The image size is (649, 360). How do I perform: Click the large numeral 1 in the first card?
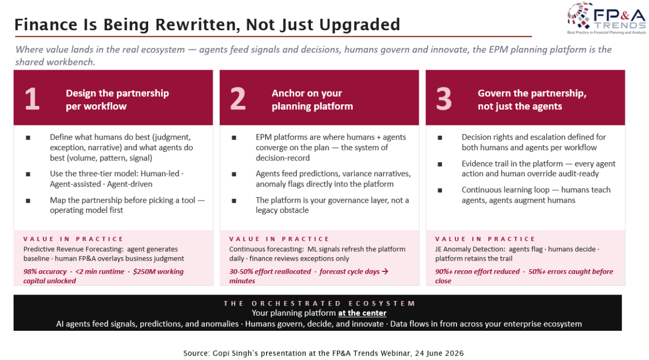coord(32,99)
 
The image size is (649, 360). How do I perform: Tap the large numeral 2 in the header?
coord(237,99)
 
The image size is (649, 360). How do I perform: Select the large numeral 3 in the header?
coord(443,99)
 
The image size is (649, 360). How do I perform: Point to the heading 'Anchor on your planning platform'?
coord(312,99)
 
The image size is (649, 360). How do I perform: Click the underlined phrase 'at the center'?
coord(362,313)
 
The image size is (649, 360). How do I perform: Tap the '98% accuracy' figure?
coord(45,272)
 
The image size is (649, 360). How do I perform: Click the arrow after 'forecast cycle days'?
coord(385,271)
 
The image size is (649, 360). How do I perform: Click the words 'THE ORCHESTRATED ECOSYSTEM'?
coord(319,304)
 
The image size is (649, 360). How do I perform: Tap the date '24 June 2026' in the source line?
coord(439,354)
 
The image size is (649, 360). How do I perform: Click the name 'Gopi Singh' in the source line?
coord(234,354)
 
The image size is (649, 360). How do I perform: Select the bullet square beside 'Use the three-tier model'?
coord(28,174)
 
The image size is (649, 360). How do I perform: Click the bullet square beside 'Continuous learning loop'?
coord(440,190)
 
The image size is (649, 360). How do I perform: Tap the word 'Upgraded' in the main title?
coord(360,25)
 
